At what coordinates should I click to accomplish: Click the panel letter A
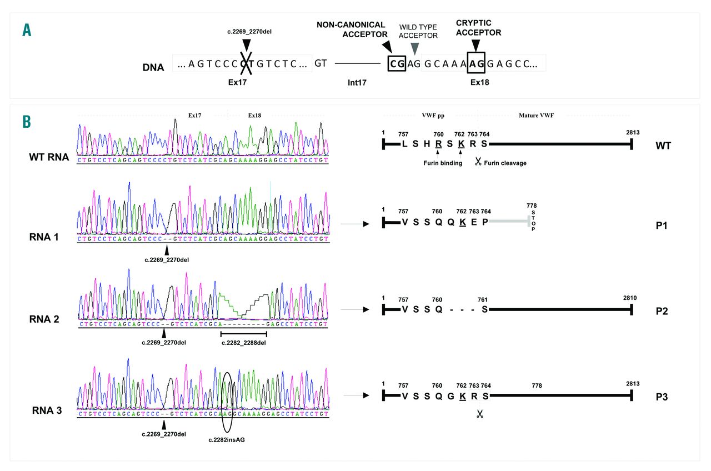(x=27, y=30)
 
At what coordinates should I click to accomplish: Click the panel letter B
(x=27, y=121)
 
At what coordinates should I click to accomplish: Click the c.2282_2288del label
(x=244, y=342)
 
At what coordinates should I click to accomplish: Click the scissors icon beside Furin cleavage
(x=478, y=162)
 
